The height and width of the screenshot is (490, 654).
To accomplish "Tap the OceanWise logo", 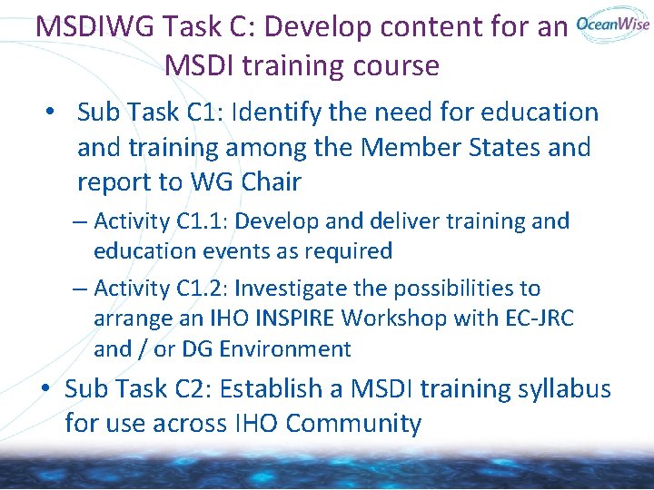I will pos(613,24).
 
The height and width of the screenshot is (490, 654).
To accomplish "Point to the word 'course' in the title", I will pos(396,65).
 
